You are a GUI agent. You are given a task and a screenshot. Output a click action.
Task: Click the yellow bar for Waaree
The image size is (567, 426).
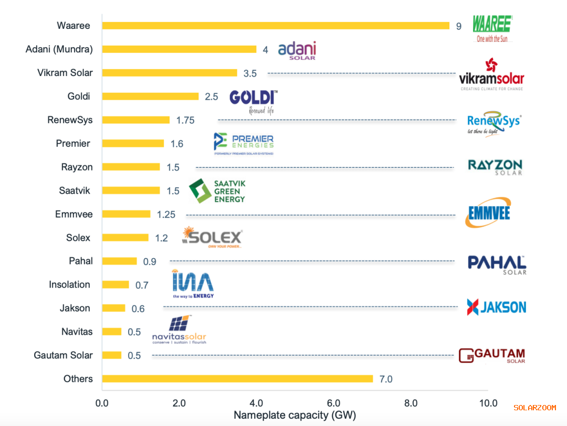pos(276,26)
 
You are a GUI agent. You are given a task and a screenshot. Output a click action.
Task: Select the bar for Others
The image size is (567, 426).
pos(237,379)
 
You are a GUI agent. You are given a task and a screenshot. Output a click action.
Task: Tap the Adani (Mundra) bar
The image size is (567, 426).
pos(179,49)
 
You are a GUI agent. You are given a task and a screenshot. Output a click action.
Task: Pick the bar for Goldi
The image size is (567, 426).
pos(150,96)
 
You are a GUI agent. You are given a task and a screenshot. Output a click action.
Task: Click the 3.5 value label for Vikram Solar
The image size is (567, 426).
pos(250,73)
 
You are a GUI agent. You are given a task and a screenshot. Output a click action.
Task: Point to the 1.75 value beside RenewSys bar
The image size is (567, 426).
pos(185,120)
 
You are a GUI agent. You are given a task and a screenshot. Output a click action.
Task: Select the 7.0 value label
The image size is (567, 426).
pos(386,379)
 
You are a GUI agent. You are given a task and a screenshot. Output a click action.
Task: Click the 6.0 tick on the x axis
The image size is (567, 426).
pos(333,403)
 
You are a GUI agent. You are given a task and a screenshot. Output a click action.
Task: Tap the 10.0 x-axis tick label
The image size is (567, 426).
pos(488,403)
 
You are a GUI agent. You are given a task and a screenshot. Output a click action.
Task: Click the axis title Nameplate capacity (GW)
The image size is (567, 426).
pos(295,416)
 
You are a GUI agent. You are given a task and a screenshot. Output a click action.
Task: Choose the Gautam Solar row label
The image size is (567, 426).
pos(63,355)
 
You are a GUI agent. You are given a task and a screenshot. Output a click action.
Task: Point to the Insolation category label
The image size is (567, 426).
pos(69,284)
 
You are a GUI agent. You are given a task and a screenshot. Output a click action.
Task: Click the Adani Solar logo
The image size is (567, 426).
pos(297,51)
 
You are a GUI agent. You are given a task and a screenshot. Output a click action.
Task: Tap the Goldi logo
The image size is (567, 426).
pos(254,101)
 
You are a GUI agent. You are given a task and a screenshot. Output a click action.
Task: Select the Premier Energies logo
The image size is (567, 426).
pos(244,143)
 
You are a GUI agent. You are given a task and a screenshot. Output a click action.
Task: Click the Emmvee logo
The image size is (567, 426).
pos(488,212)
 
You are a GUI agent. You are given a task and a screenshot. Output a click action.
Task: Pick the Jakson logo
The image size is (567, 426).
pos(496,306)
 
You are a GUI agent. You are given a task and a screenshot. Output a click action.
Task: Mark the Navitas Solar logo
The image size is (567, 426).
pos(179,331)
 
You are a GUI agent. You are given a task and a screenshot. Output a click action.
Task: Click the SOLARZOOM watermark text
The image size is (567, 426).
pos(534,408)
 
